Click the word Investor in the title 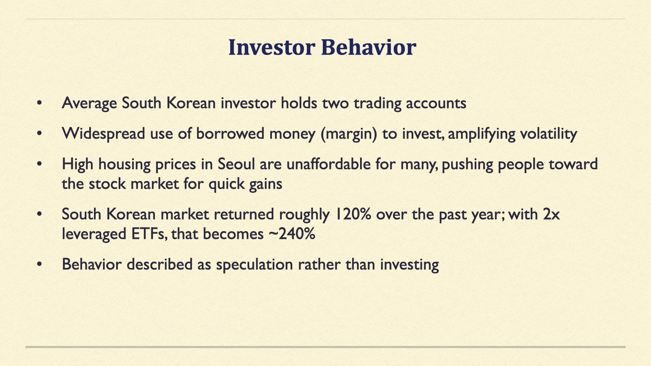pyautogui.click(x=272, y=47)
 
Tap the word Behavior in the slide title pyautogui.click(x=369, y=47)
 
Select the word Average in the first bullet pyautogui.click(x=89, y=103)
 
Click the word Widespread pyautogui.click(x=103, y=134)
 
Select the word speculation pyautogui.click(x=254, y=265)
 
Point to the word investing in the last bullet pyautogui.click(x=409, y=265)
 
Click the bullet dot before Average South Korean pyautogui.click(x=40, y=103)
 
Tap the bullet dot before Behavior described pyautogui.click(x=40, y=264)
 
